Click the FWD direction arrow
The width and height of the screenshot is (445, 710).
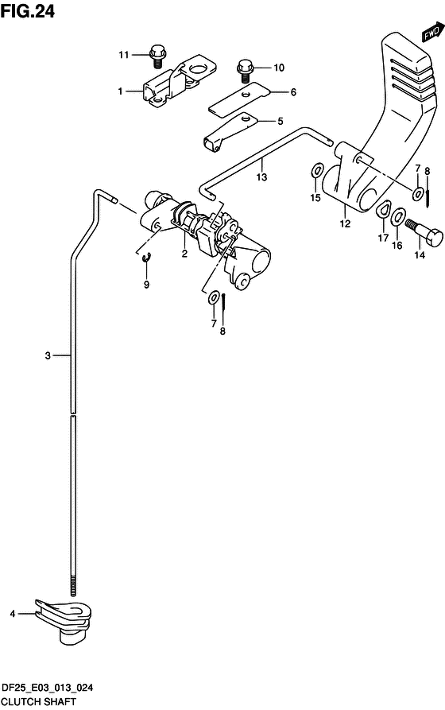pos(432,31)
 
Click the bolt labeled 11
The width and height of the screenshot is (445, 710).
pos(157,56)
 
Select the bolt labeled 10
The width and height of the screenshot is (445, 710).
pos(245,71)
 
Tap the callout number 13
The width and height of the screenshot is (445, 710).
pos(261,177)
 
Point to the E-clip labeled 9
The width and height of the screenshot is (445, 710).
pos(146,258)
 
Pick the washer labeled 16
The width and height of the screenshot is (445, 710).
pos(398,215)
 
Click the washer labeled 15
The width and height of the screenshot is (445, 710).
pos(316,171)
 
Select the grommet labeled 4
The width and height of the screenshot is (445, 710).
pos(64,619)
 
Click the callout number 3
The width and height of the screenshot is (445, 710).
pos(48,356)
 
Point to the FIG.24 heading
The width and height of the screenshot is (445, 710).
pos(28,11)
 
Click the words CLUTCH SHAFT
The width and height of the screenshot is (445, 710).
pos(38,702)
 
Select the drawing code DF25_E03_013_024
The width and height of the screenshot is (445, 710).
pos(48,688)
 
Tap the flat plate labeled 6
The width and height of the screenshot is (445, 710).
pos(239,98)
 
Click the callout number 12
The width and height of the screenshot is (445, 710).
pos(345,223)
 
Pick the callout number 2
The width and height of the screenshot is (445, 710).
pos(184,254)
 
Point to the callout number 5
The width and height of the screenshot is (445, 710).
pos(281,121)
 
